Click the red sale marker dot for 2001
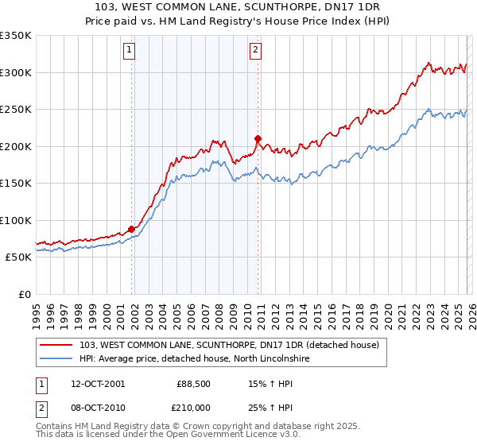(131, 229)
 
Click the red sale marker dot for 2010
(258, 138)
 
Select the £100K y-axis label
(16, 220)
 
